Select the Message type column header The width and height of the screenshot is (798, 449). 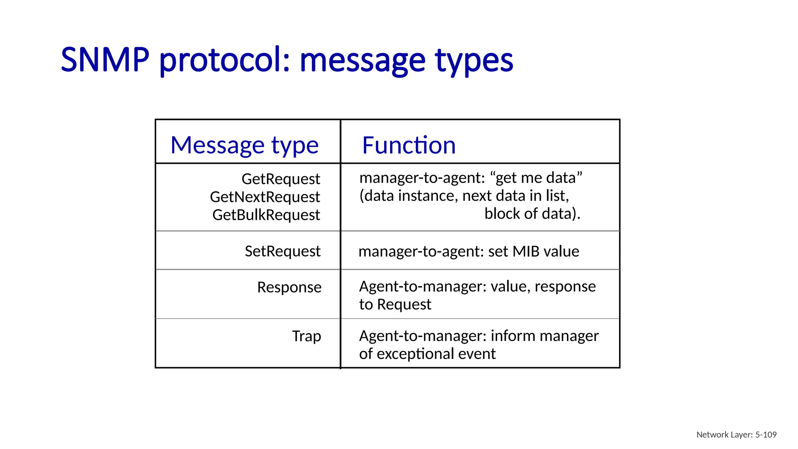[245, 145]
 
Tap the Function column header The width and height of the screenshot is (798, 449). [409, 145]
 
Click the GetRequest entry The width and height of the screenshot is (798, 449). [281, 179]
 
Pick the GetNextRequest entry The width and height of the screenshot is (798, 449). [265, 197]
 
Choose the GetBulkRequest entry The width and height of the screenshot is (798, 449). [266, 215]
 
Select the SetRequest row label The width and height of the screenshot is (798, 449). [282, 251]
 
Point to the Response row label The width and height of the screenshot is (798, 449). [289, 287]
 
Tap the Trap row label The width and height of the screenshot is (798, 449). [306, 336]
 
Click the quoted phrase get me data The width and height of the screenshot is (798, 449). [537, 178]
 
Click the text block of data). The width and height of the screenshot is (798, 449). [532, 214]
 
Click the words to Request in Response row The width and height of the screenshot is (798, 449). [395, 304]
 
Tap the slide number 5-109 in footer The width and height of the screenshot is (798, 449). [766, 435]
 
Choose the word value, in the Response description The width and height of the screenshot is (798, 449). [510, 286]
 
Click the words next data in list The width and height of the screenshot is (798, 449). [515, 196]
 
